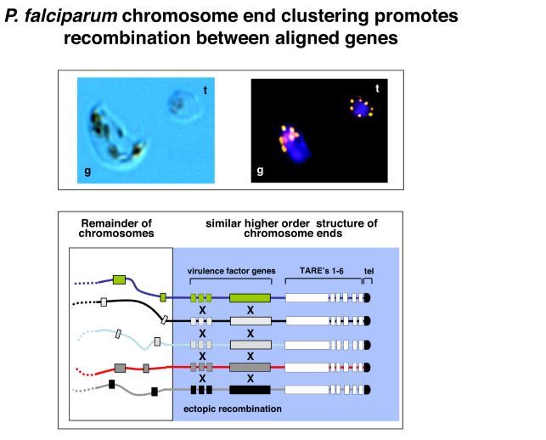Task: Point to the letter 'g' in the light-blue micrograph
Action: coord(87,172)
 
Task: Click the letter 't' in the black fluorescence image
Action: coord(377,88)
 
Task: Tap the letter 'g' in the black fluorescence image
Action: coord(260,172)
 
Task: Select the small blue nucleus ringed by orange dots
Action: coord(363,108)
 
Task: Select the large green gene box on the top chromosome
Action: coord(250,297)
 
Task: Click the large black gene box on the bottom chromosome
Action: coord(250,390)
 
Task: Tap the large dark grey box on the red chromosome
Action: coord(250,367)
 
